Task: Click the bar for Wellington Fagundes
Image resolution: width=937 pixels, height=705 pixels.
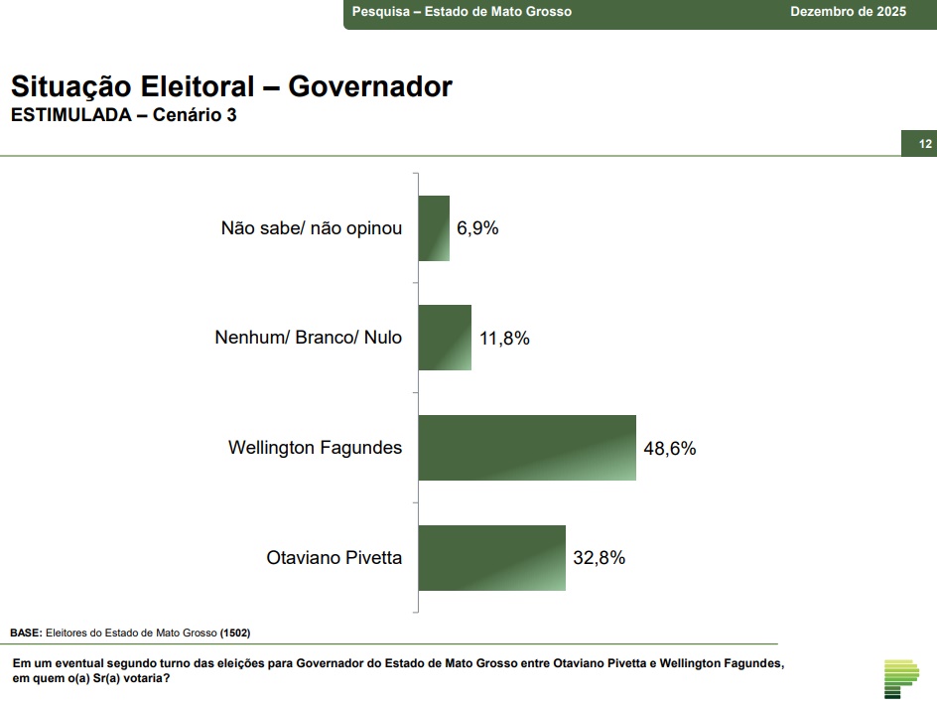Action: pyautogui.click(x=527, y=448)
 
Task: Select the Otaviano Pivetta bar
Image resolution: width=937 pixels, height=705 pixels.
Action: pyautogui.click(x=492, y=558)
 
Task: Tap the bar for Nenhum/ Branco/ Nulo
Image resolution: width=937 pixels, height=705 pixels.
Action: pyautogui.click(x=445, y=338)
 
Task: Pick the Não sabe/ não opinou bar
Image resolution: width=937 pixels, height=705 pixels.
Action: pyautogui.click(x=434, y=228)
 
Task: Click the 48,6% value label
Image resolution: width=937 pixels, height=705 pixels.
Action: pyautogui.click(x=670, y=448)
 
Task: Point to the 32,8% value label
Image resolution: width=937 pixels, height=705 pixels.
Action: pyautogui.click(x=600, y=558)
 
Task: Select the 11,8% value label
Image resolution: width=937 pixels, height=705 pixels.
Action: pyautogui.click(x=504, y=339)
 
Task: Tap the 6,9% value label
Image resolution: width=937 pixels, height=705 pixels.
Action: pyautogui.click(x=477, y=228)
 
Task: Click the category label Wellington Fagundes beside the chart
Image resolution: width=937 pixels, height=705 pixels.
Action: pyautogui.click(x=315, y=448)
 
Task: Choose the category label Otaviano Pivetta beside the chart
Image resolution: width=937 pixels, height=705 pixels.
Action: pyautogui.click(x=335, y=558)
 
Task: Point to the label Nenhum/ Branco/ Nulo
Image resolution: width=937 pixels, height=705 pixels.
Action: pyautogui.click(x=308, y=338)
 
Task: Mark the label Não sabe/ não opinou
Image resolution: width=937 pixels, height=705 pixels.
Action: pyautogui.click(x=312, y=228)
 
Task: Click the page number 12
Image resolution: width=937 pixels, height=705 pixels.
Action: pyautogui.click(x=925, y=144)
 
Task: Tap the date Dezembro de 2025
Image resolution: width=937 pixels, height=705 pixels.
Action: pyautogui.click(x=848, y=12)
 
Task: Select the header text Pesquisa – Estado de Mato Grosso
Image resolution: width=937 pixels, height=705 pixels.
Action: pyautogui.click(x=462, y=12)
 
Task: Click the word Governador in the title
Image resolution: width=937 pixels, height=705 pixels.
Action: pyautogui.click(x=370, y=87)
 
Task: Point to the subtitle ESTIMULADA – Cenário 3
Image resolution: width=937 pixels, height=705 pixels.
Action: pyautogui.click(x=123, y=115)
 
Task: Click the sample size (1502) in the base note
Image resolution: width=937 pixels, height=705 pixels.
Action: pyautogui.click(x=234, y=633)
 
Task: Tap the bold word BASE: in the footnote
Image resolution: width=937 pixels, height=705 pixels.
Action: pyautogui.click(x=26, y=633)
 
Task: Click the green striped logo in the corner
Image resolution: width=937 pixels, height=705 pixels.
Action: pyautogui.click(x=901, y=678)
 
